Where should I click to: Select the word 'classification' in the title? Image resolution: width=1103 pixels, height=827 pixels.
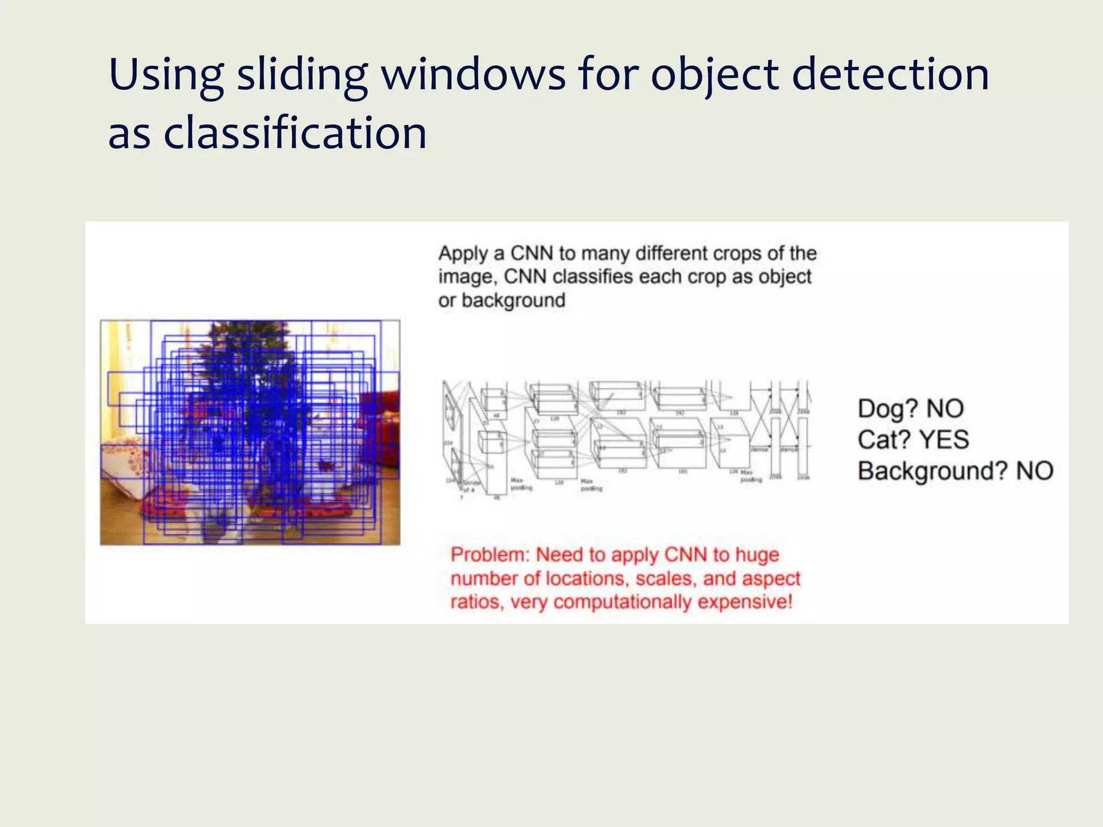295,134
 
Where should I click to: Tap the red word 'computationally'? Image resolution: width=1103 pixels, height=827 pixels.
622,602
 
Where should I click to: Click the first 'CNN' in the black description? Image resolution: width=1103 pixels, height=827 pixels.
532,253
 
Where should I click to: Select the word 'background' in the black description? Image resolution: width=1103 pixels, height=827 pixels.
513,300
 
